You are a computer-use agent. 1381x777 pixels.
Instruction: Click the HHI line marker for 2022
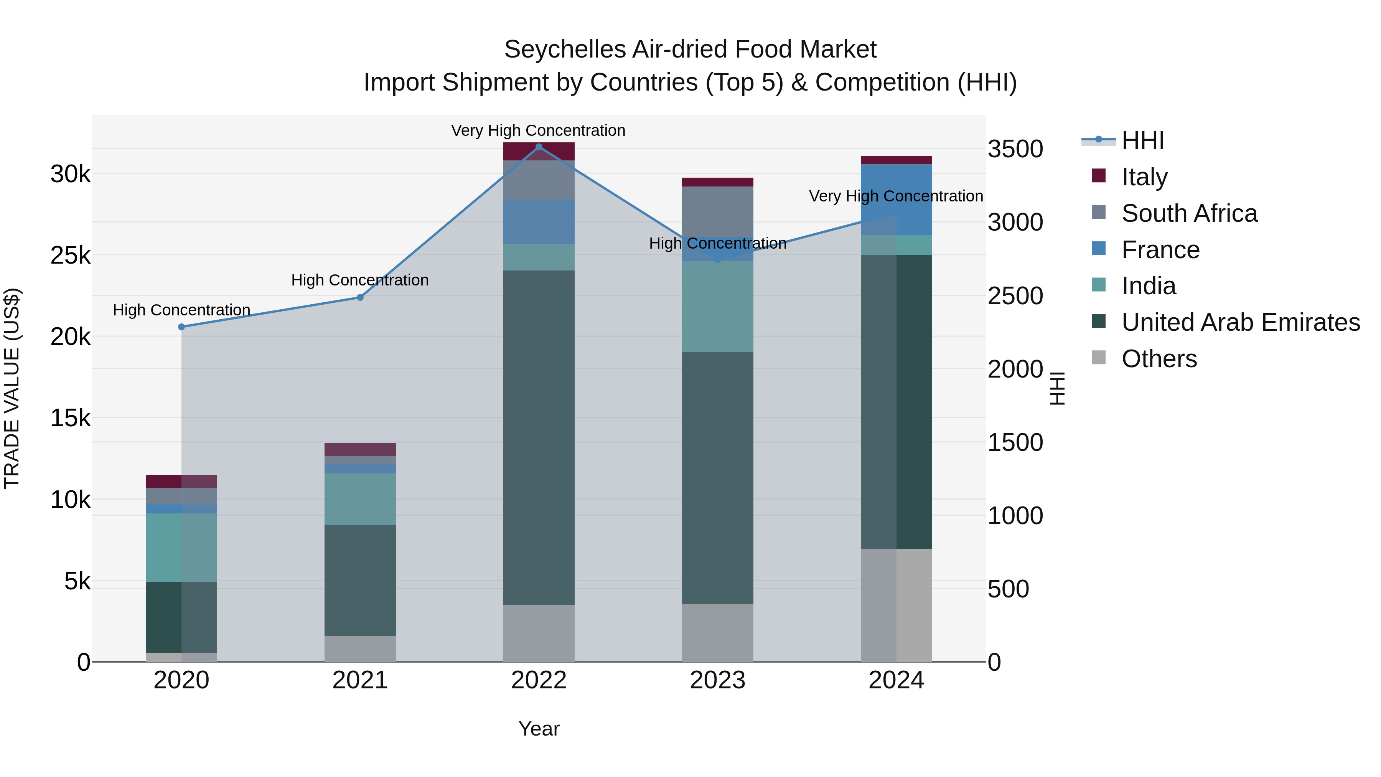[x=539, y=147]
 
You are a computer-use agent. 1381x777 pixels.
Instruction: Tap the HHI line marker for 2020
[x=181, y=327]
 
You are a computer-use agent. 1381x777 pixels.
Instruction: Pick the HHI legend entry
[x=1142, y=140]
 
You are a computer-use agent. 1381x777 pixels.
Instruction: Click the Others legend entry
[x=1159, y=359]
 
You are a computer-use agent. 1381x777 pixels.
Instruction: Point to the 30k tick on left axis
[x=70, y=174]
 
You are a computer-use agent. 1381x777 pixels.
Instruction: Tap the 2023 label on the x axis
[x=717, y=680]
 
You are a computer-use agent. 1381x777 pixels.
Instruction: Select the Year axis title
[x=539, y=729]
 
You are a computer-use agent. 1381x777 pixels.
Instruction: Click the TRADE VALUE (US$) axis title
[x=12, y=388]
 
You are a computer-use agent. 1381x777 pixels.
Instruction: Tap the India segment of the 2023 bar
[x=717, y=307]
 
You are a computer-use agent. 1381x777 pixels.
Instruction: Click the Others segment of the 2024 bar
[x=896, y=605]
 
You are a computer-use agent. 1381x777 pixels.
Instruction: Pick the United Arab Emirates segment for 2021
[x=360, y=580]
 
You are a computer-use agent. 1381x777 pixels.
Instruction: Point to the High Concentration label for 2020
[x=181, y=310]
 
